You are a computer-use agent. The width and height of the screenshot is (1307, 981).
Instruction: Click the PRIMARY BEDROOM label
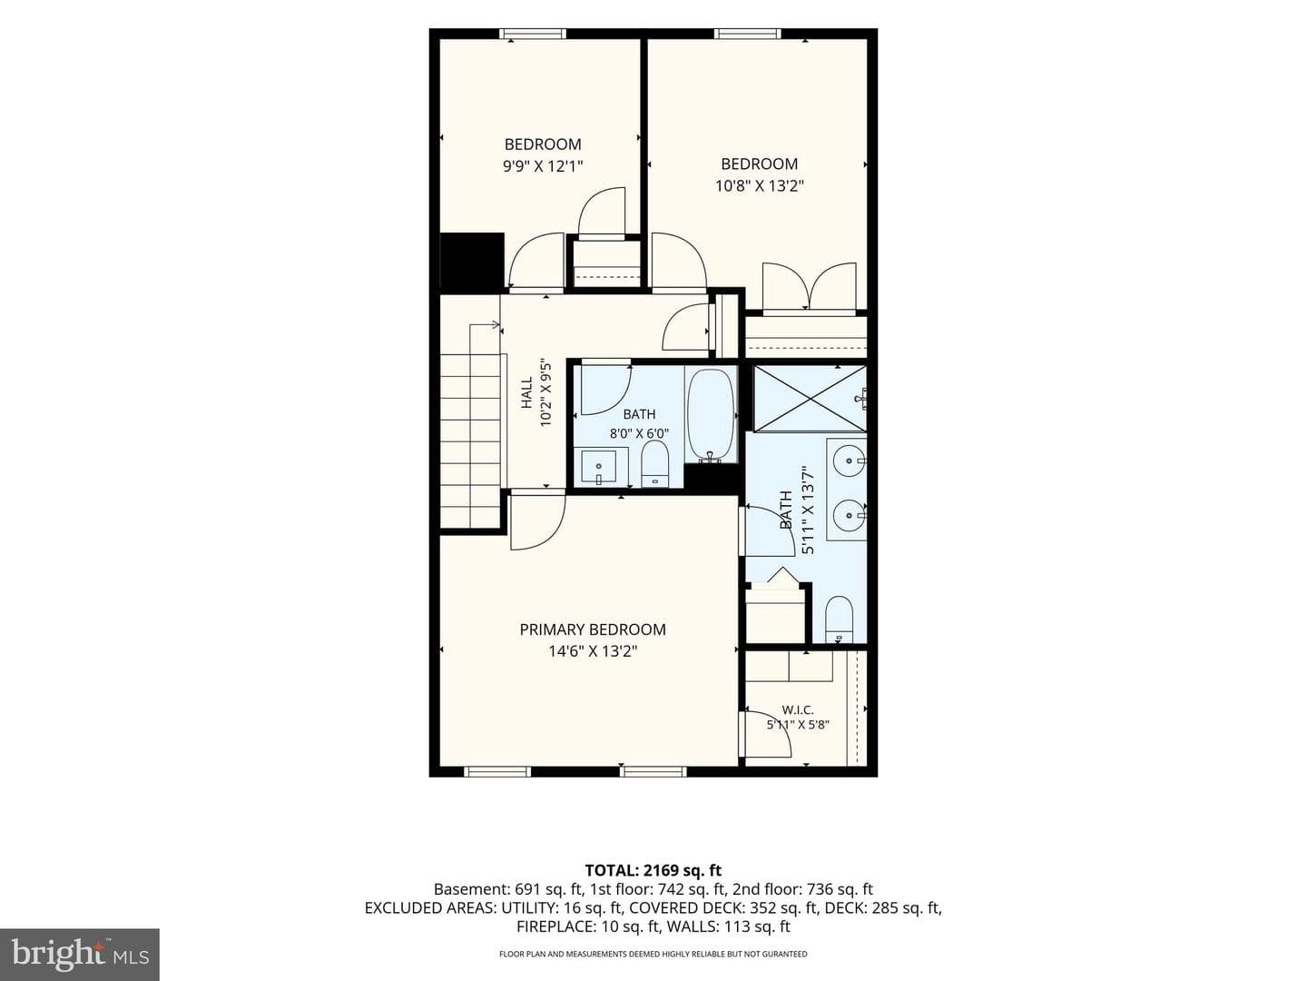[x=593, y=629]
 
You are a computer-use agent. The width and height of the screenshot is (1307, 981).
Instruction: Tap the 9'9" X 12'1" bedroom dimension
[x=543, y=165]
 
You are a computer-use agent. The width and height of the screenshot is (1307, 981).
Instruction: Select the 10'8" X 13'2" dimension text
[x=759, y=186]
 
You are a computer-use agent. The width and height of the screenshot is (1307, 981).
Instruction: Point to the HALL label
[x=527, y=393]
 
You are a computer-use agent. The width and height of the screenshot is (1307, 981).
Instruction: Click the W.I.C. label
[x=797, y=710]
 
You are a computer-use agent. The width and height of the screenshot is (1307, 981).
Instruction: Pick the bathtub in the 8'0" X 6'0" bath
[x=711, y=416]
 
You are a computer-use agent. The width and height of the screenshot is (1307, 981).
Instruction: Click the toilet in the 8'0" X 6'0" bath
[x=655, y=464]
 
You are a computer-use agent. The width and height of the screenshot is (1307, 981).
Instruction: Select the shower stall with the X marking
[x=810, y=397]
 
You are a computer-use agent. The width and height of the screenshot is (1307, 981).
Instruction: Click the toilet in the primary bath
[x=839, y=619]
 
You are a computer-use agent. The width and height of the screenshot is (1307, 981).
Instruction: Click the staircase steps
[x=470, y=440]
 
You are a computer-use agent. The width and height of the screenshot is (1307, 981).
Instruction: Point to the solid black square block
[x=472, y=261]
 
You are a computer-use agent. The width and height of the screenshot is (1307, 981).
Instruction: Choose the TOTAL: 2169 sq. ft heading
[x=653, y=871]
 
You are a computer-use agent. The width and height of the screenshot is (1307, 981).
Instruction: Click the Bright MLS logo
[x=80, y=954]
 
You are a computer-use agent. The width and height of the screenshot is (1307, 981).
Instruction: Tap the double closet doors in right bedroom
[x=810, y=286]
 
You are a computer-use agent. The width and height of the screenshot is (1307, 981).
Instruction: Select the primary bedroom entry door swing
[x=536, y=520]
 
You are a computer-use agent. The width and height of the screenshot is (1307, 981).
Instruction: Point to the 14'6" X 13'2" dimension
[x=593, y=651]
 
